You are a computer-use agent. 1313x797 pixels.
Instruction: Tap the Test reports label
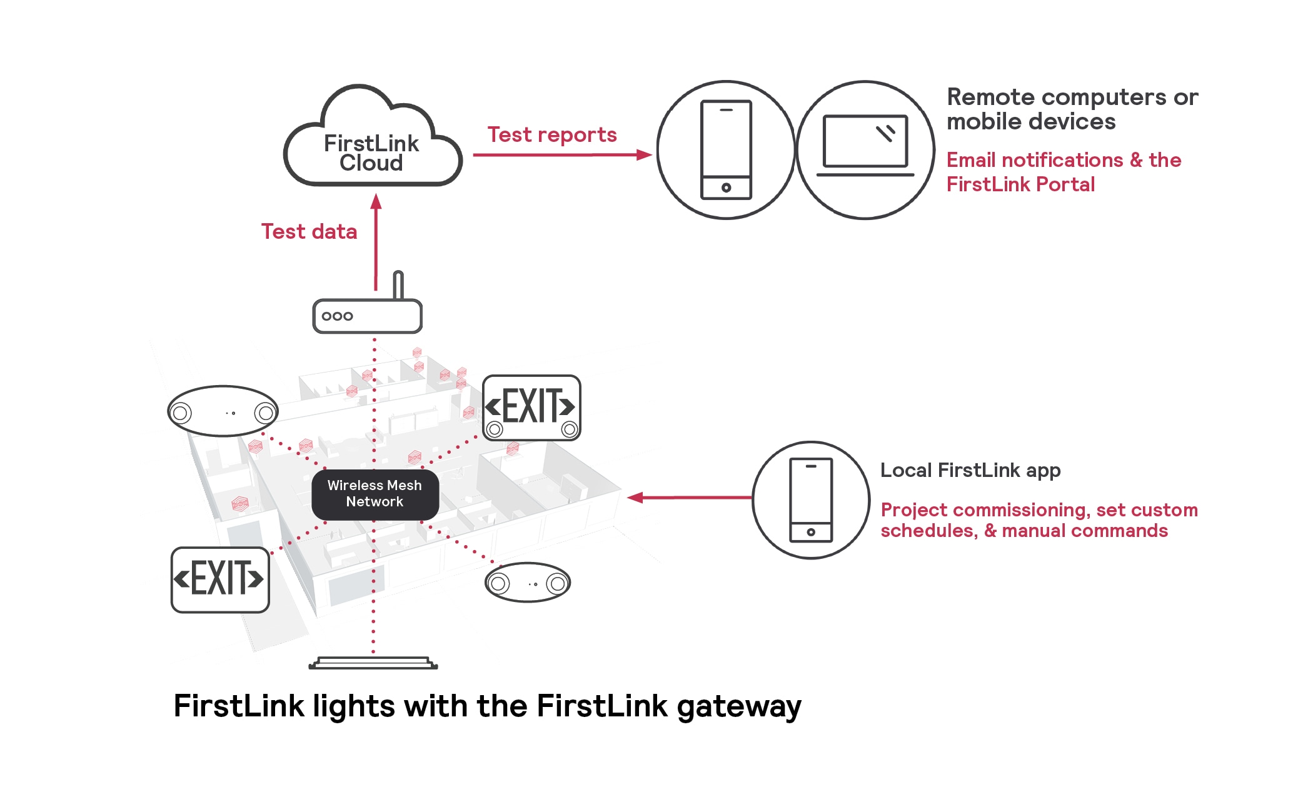551,135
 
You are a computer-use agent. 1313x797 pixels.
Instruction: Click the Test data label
309,232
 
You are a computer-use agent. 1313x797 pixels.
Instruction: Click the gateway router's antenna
398,284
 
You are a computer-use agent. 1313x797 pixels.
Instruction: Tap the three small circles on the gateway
337,316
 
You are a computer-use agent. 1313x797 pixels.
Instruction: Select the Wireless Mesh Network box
375,494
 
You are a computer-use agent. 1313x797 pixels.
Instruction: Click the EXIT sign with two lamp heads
531,408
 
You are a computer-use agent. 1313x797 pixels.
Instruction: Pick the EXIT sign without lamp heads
220,579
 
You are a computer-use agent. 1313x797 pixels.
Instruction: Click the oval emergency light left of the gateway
223,411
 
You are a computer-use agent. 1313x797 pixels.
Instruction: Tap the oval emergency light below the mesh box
528,583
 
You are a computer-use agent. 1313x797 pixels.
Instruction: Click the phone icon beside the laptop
726,150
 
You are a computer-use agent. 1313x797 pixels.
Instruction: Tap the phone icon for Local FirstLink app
810,500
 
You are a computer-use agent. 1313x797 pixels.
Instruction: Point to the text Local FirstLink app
970,470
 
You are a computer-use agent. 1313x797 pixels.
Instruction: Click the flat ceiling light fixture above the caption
373,663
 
